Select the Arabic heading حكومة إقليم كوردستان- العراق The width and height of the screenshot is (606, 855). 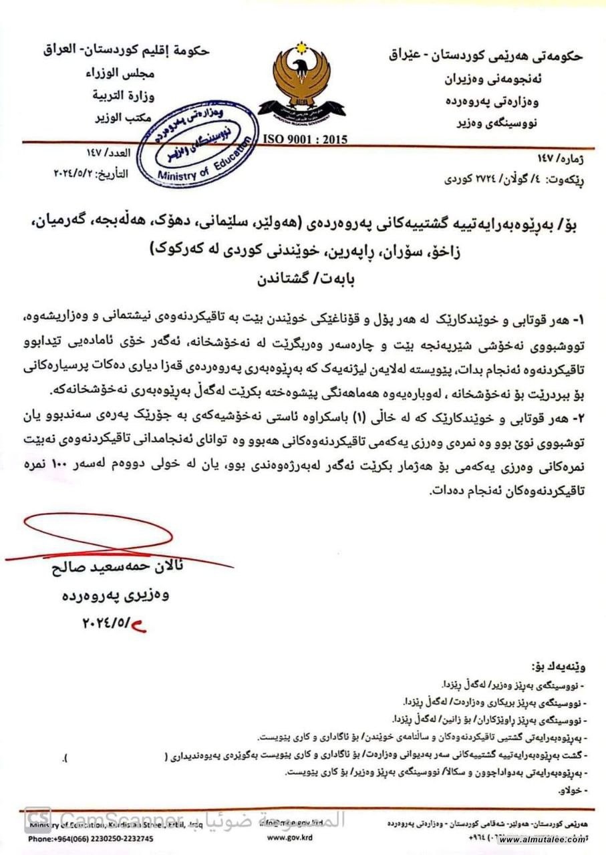127,49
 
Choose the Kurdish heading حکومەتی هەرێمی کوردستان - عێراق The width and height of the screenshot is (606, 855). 486,56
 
